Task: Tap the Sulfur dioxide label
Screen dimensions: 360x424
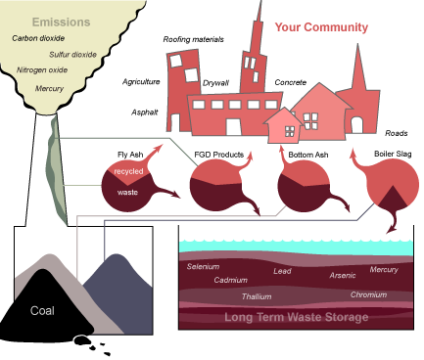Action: click(x=73, y=55)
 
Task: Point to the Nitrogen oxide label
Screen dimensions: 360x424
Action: click(x=43, y=70)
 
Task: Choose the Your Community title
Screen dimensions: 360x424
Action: click(x=321, y=27)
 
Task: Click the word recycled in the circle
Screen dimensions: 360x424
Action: click(x=128, y=172)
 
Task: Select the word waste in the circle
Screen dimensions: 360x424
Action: click(x=127, y=193)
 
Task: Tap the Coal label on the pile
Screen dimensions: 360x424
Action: click(x=42, y=314)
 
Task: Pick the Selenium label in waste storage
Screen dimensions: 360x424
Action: click(x=204, y=266)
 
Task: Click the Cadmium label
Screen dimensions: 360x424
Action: click(x=231, y=280)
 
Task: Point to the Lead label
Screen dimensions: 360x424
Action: click(x=282, y=271)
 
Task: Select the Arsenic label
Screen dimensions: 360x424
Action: click(x=343, y=276)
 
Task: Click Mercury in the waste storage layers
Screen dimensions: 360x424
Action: click(x=384, y=269)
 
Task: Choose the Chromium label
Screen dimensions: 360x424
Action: click(x=368, y=293)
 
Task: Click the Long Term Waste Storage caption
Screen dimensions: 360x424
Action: click(x=297, y=317)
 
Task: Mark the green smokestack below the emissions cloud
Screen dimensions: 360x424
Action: click(x=56, y=161)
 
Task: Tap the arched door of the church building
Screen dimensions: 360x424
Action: click(x=356, y=124)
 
